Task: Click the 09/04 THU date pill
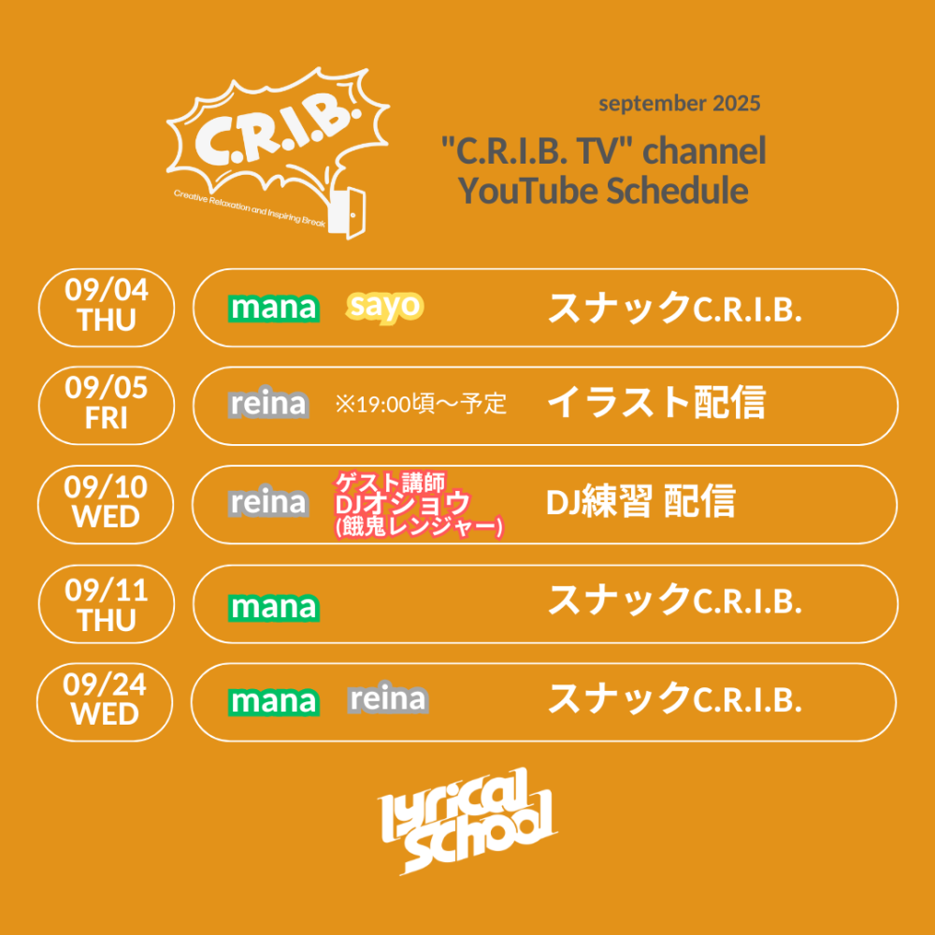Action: pyautogui.click(x=107, y=308)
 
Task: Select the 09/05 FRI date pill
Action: pyautogui.click(x=107, y=406)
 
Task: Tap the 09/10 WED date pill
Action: pyautogui.click(x=106, y=505)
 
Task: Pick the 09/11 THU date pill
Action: pyautogui.click(x=107, y=603)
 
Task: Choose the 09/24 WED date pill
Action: pyautogui.click(x=105, y=702)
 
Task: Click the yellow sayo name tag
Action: pyautogui.click(x=384, y=308)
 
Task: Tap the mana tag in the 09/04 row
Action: pyautogui.click(x=274, y=309)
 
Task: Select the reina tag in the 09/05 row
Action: pyautogui.click(x=268, y=404)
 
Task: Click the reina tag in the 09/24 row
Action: pyautogui.click(x=388, y=698)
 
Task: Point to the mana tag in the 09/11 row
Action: pyautogui.click(x=274, y=608)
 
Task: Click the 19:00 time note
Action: pyautogui.click(x=421, y=404)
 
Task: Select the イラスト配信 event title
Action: pyautogui.click(x=656, y=402)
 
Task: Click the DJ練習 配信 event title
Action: pyautogui.click(x=640, y=501)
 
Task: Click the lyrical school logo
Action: pyautogui.click(x=467, y=821)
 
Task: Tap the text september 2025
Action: pyautogui.click(x=680, y=104)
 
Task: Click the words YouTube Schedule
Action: pyautogui.click(x=603, y=191)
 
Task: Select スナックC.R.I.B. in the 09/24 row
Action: pyautogui.click(x=674, y=698)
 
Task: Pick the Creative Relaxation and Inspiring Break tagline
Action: pyautogui.click(x=250, y=209)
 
